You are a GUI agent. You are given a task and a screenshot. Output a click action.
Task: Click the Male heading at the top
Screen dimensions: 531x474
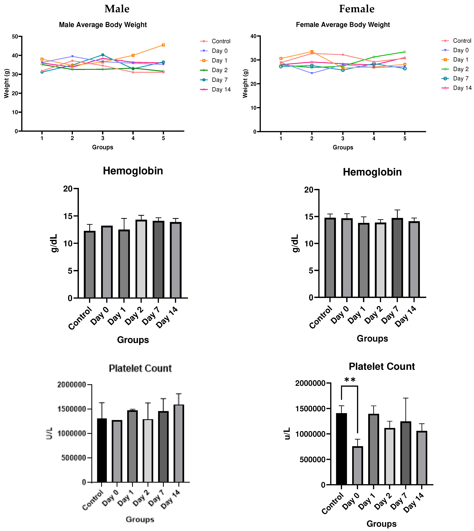pyautogui.click(x=117, y=9)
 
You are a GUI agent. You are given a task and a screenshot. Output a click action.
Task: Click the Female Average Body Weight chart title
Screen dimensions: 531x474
pyautogui.click(x=343, y=25)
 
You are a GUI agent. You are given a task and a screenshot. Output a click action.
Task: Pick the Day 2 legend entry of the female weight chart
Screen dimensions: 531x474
pyautogui.click(x=460, y=69)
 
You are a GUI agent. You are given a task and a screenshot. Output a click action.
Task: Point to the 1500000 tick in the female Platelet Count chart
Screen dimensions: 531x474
pyautogui.click(x=310, y=409)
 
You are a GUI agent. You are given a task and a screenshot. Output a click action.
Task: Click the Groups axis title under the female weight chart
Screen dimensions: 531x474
pyautogui.click(x=343, y=147)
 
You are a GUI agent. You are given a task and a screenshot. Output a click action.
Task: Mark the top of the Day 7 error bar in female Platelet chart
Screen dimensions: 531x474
pyautogui.click(x=406, y=398)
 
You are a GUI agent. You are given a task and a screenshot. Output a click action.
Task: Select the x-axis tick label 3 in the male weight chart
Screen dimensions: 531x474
pyautogui.click(x=103, y=138)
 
